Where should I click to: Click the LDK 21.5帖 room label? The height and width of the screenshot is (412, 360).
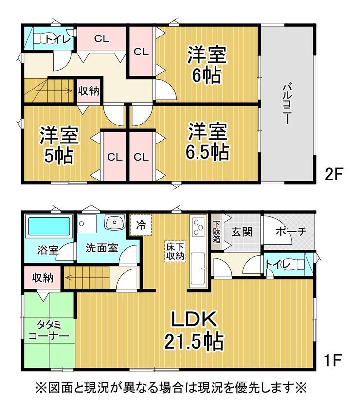point(194,330)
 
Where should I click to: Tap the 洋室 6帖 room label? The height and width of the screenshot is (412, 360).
point(207,64)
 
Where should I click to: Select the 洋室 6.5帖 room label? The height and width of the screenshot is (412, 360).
point(207,142)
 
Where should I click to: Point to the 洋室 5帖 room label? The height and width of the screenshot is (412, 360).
point(59,145)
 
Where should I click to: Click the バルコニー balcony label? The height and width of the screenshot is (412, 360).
point(287,104)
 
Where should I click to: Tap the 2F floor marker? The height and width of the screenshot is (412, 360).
point(334,174)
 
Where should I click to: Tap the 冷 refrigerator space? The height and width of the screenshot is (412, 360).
point(141,225)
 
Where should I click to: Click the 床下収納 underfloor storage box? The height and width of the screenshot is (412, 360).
point(175,251)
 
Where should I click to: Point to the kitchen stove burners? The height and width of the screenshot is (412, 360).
point(198,227)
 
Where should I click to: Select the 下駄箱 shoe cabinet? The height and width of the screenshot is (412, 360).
point(216,232)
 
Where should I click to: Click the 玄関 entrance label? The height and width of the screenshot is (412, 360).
point(242,232)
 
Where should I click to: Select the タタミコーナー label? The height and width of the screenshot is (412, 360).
point(49,331)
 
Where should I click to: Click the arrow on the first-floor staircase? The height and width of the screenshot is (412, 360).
point(87,277)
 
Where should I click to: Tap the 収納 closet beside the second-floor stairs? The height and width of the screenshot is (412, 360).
point(89,90)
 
